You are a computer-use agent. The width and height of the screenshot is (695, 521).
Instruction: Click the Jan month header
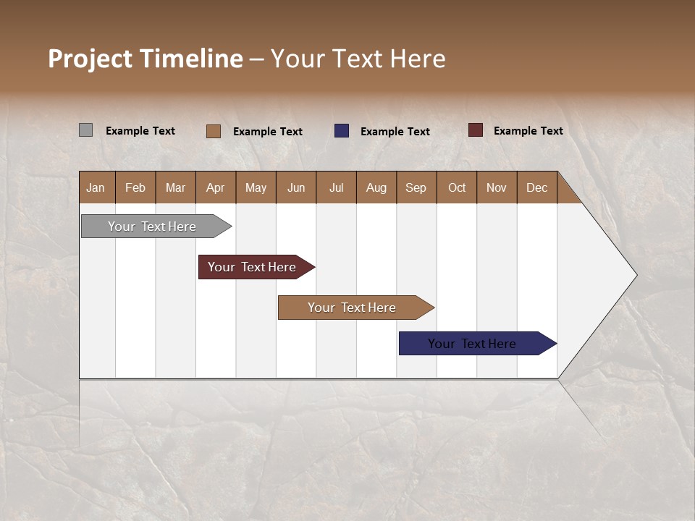(x=96, y=187)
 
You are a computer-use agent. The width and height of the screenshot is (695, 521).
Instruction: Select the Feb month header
(x=135, y=187)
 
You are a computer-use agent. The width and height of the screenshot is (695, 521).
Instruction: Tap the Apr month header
(x=215, y=187)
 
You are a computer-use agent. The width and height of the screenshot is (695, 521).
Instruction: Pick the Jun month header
(x=296, y=187)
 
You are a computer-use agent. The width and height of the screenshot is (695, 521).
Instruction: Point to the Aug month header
(x=376, y=187)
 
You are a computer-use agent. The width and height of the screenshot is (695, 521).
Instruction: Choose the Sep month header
(x=416, y=187)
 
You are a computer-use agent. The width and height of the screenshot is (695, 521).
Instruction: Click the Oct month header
(x=457, y=187)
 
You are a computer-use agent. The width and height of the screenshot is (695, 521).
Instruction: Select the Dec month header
(x=536, y=187)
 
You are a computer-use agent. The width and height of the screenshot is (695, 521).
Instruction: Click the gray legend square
(x=85, y=130)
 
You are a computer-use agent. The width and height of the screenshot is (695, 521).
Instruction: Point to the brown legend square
(x=213, y=131)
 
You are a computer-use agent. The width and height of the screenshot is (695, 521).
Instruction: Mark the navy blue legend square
(x=342, y=131)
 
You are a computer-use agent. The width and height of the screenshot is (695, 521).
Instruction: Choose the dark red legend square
(x=475, y=130)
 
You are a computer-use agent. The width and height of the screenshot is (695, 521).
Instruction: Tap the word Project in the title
(x=90, y=59)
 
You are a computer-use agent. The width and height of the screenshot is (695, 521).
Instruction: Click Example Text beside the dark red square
(x=528, y=130)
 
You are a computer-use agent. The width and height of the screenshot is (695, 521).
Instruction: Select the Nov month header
(x=496, y=187)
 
